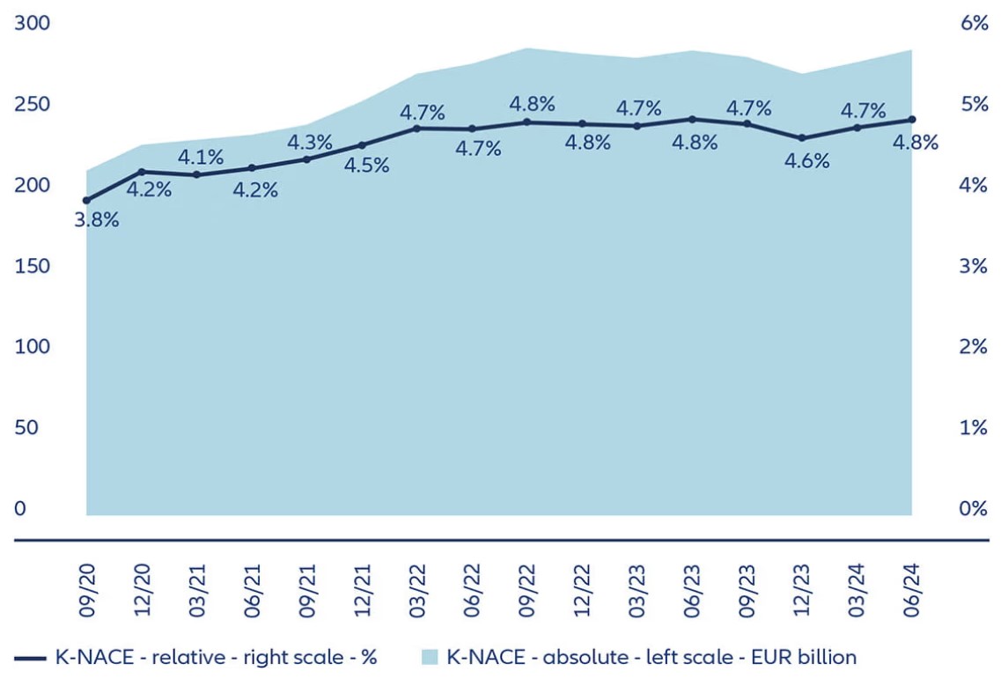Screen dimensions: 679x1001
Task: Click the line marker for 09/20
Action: [x=86, y=201]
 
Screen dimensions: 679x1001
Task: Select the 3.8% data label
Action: [x=96, y=220]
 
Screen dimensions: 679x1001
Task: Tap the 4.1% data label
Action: [x=201, y=158]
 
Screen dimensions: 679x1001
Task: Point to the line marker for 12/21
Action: [x=362, y=145]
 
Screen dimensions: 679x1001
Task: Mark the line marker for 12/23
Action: [x=801, y=138]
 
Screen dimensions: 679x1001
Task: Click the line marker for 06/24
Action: [x=911, y=120]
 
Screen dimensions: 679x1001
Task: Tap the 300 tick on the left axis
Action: [x=30, y=24]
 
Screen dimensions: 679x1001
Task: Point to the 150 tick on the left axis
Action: [x=30, y=266]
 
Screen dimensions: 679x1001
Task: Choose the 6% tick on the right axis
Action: [x=972, y=24]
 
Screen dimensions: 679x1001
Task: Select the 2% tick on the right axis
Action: [x=972, y=347]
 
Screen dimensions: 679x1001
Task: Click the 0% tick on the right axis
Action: [x=972, y=509]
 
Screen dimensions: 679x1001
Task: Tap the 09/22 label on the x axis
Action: [x=528, y=591]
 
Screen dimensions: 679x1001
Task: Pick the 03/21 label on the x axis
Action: [x=198, y=591]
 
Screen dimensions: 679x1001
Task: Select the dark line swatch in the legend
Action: [x=30, y=657]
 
